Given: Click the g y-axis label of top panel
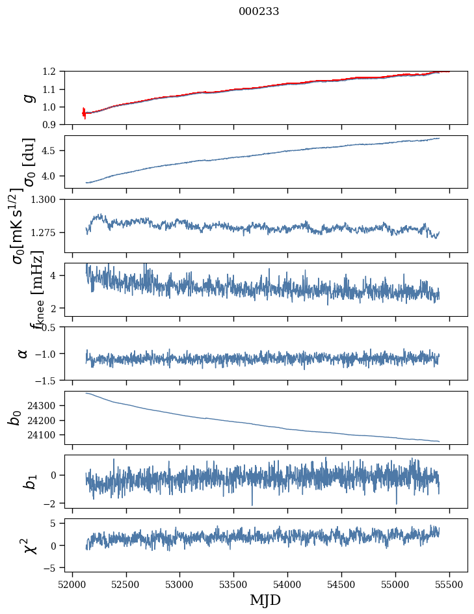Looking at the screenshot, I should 27,98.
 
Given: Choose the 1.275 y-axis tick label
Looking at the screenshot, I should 49,232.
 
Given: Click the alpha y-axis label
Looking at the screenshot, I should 23,353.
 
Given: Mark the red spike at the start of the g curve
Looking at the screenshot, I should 84,113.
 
